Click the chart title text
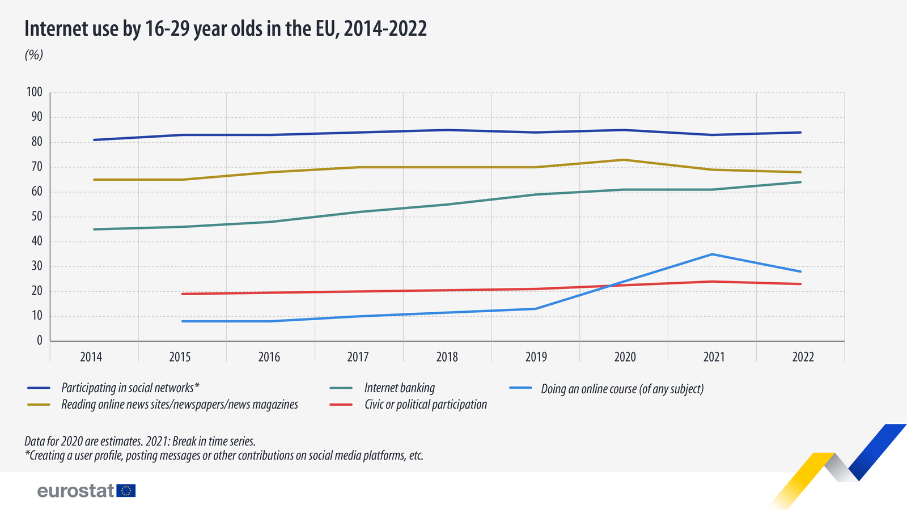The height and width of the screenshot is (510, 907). pos(226,28)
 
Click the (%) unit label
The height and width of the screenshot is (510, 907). pos(34,55)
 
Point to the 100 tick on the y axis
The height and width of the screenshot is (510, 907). pos(35,92)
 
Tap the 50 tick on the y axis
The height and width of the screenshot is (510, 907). pos(36,216)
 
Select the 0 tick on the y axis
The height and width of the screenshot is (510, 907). pos(39,341)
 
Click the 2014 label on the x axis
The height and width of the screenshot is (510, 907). pos(91,357)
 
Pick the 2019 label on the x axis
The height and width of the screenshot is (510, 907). pos(536,357)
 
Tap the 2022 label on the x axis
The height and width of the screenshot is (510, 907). pos(803,357)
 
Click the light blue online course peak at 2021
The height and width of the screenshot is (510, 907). pos(712,254)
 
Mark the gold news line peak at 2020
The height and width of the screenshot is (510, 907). pos(624,160)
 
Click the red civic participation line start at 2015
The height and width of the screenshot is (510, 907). pos(183,294)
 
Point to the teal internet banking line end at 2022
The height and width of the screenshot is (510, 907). pos(800,182)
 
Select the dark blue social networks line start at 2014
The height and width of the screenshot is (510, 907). pos(94,139)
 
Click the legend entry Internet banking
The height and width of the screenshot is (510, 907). pos(399,388)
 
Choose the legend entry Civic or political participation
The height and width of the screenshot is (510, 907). pos(425,405)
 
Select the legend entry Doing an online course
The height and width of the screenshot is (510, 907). pos(622,389)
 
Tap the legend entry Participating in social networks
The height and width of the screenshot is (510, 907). pos(130,388)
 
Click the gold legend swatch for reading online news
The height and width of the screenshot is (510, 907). pos(39,405)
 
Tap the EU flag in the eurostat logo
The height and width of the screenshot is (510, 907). pos(126,491)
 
